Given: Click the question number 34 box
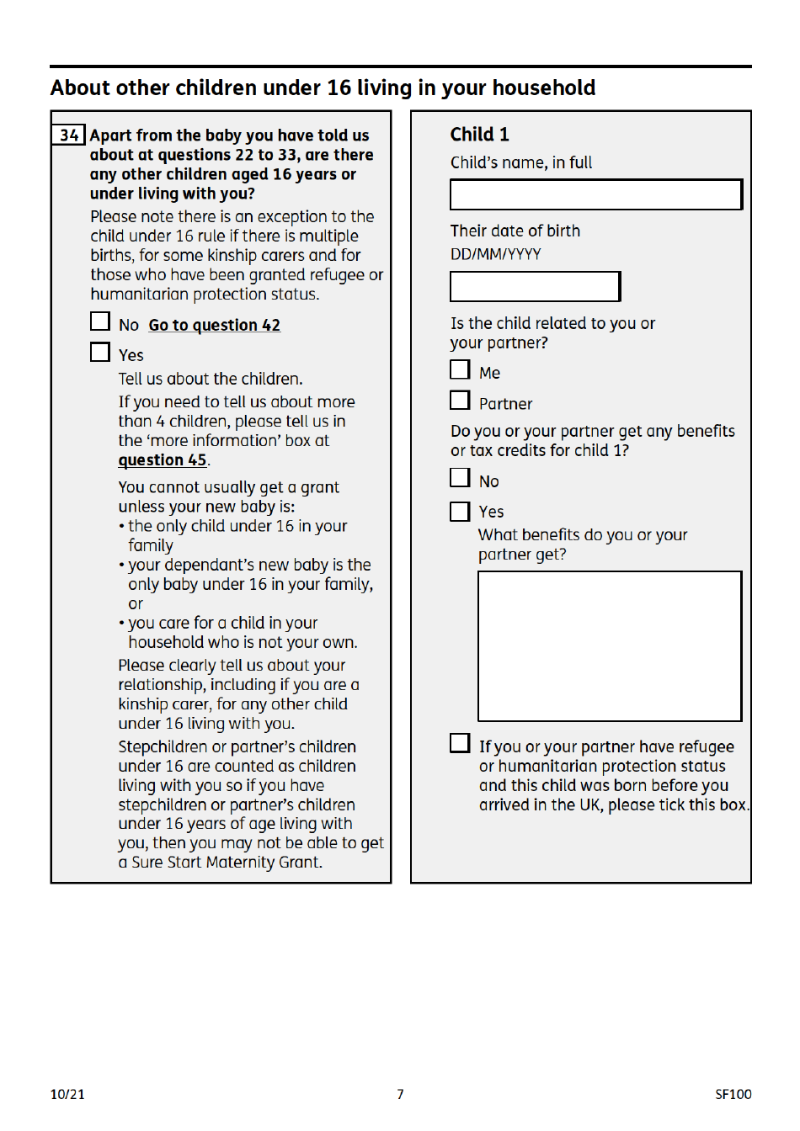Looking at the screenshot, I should (x=68, y=135).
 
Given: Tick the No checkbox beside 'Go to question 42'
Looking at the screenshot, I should (x=100, y=321).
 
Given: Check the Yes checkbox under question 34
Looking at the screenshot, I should (x=100, y=352).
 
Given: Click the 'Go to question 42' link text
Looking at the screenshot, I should (x=214, y=325).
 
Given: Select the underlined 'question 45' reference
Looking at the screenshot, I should (x=163, y=460).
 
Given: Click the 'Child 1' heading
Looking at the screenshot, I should (x=479, y=135).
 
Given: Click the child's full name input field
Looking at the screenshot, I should (x=595, y=194).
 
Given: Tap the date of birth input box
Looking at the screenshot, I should (x=535, y=286).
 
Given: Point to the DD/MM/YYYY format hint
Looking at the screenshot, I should (x=495, y=254).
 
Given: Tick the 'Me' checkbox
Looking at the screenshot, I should (x=460, y=369).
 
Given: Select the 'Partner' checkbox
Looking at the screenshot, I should (x=460, y=401).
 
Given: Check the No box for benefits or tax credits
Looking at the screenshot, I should (x=460, y=478).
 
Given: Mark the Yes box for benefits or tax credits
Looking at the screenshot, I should (x=460, y=511).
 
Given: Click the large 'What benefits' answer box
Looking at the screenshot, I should (x=610, y=645).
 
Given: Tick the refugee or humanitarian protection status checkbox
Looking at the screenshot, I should (x=460, y=743).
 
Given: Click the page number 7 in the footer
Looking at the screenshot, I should (x=400, y=1094).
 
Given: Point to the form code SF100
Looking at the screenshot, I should (x=733, y=1094).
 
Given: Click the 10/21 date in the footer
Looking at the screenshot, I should (x=67, y=1094).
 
